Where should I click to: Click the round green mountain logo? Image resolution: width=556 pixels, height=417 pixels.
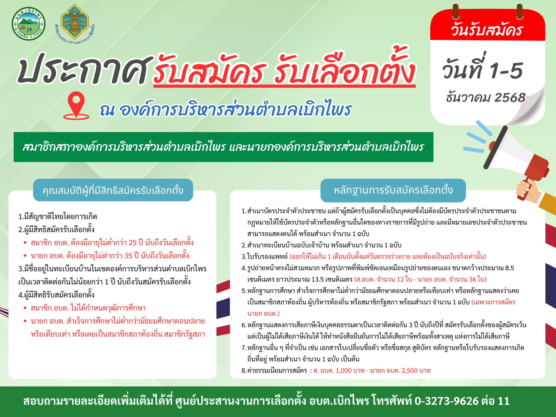click(28, 24)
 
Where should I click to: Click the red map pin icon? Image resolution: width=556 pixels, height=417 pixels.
click(76, 105)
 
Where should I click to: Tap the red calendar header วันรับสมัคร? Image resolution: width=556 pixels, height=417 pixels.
click(487, 29)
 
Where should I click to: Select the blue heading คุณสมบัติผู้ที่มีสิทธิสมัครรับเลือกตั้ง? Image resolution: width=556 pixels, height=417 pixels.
click(113, 190)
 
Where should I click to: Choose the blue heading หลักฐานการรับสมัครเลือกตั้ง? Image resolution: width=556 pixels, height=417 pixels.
click(393, 190)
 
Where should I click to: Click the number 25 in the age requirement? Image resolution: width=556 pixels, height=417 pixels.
click(132, 243)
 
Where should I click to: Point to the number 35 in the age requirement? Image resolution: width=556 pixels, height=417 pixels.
click(128, 256)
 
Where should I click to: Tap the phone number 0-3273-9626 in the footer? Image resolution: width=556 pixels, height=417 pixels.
click(446, 401)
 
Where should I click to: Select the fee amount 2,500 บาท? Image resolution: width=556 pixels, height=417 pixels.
click(416, 371)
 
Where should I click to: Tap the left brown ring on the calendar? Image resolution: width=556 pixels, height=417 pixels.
click(456, 12)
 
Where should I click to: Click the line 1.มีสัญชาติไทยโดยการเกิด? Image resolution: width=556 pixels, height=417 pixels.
click(58, 217)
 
